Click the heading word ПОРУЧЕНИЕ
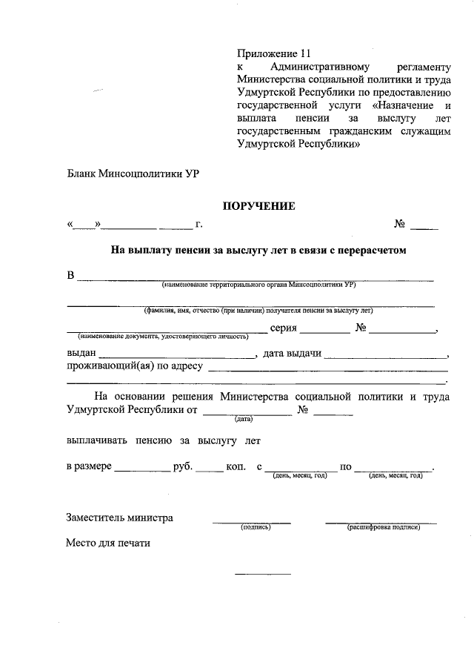260,206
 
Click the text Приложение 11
270,53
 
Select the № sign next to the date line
400,224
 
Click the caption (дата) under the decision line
244,420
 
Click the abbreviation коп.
236,467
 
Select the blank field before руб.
141,469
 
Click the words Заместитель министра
120,518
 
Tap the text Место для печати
108,543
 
